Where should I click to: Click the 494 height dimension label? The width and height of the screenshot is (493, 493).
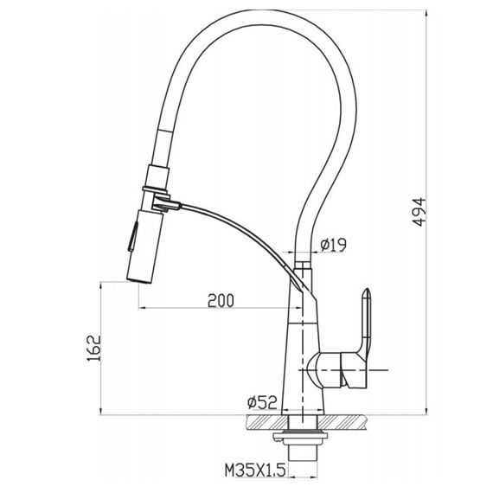point(419,212)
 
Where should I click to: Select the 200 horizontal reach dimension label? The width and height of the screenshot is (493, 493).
point(221,301)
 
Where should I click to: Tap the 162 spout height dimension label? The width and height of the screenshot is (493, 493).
point(93,348)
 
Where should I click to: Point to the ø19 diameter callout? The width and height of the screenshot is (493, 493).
point(333,245)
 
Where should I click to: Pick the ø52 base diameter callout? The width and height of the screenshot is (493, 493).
point(263,402)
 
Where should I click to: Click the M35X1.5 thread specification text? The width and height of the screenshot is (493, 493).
point(255,471)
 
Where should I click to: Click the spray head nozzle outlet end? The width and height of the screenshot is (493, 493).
point(139,279)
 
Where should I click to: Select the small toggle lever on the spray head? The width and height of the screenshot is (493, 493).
point(132,236)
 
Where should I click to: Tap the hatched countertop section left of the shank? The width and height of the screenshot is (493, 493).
point(267,422)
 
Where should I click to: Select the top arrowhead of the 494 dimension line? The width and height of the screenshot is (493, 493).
point(426,13)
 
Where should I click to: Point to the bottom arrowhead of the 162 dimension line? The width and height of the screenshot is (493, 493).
point(100,411)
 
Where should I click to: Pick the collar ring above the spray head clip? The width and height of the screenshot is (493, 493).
point(155,190)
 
